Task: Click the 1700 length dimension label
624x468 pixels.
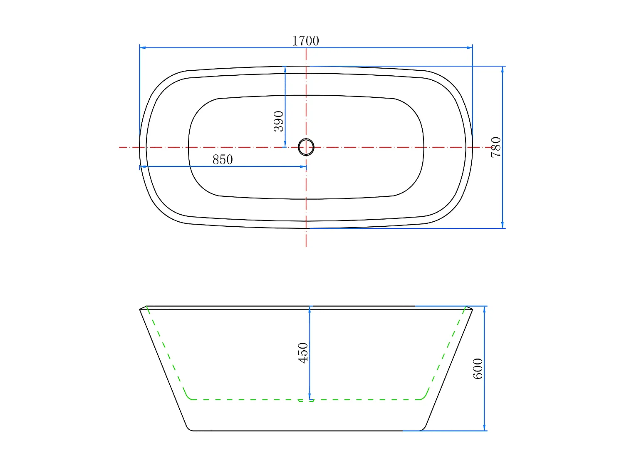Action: (306, 41)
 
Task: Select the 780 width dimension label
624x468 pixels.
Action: (496, 147)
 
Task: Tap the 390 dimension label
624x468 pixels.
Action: (279, 121)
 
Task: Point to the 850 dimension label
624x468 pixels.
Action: (223, 159)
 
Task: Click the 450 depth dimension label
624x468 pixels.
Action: (303, 353)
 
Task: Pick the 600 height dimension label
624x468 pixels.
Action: (478, 369)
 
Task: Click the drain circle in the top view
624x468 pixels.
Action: (306, 147)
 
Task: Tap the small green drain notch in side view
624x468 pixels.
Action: (306, 401)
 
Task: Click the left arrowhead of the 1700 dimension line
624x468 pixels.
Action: (143, 48)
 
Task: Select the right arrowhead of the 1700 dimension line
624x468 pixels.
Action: (469, 48)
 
